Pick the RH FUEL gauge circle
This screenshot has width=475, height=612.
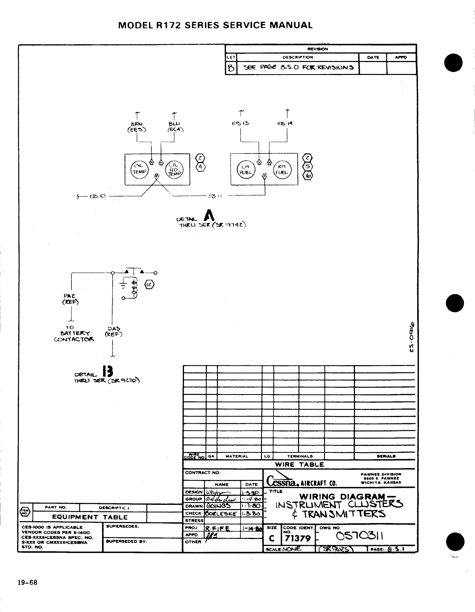[x=282, y=170]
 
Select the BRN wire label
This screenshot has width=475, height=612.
[x=136, y=124]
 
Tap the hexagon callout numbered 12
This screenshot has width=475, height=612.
[x=149, y=285]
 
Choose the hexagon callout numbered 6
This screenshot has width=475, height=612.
[x=308, y=176]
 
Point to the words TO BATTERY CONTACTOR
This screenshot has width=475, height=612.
[x=75, y=334]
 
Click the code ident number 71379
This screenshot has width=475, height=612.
[x=297, y=539]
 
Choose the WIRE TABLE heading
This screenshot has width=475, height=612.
[x=299, y=464]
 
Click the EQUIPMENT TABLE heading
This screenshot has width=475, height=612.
[x=90, y=517]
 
